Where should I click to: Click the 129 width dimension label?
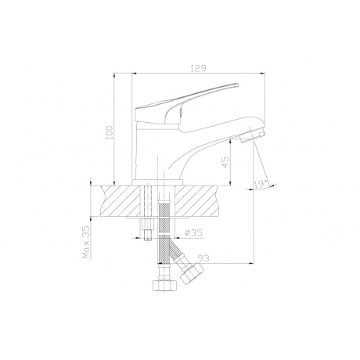pos(198,68)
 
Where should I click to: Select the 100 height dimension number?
pos(110,132)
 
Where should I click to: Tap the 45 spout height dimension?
pos(225,162)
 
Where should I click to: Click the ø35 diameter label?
pos(193,232)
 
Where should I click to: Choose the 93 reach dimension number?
pos(203,258)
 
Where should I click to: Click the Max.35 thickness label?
pos(86,243)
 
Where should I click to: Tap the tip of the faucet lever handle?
pos(237,85)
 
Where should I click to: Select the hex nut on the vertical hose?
pos(164,285)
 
